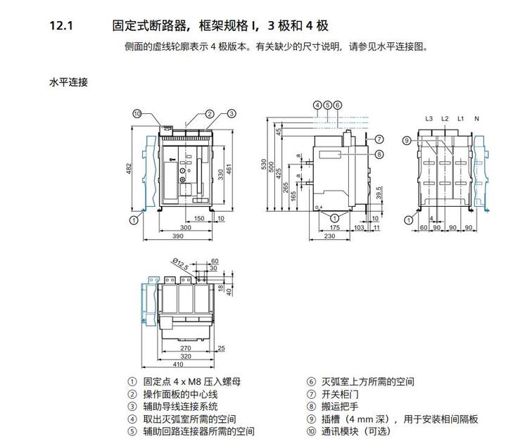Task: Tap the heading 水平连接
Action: click(x=68, y=82)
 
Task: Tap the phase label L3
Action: click(x=428, y=118)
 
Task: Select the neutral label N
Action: click(x=476, y=118)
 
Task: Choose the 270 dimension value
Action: click(x=186, y=348)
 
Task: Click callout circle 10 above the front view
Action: click(x=137, y=113)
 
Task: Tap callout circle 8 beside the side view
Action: click(x=379, y=154)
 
